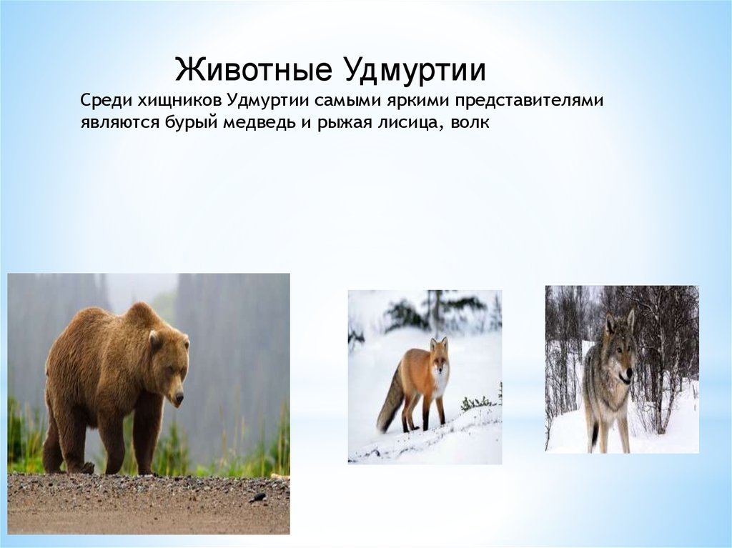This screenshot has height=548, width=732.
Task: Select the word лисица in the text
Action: pyautogui.click(x=406, y=122)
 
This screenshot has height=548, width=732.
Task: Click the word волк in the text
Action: pyautogui.click(x=470, y=122)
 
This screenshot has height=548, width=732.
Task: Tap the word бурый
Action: pyautogui.click(x=192, y=123)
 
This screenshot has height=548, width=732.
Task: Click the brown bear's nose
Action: pyautogui.click(x=179, y=400)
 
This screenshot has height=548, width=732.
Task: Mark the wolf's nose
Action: pyautogui.click(x=629, y=374)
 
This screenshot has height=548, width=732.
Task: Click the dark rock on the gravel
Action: pyautogui.click(x=257, y=498)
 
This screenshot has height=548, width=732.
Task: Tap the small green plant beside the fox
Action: pyautogui.click(x=477, y=403)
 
